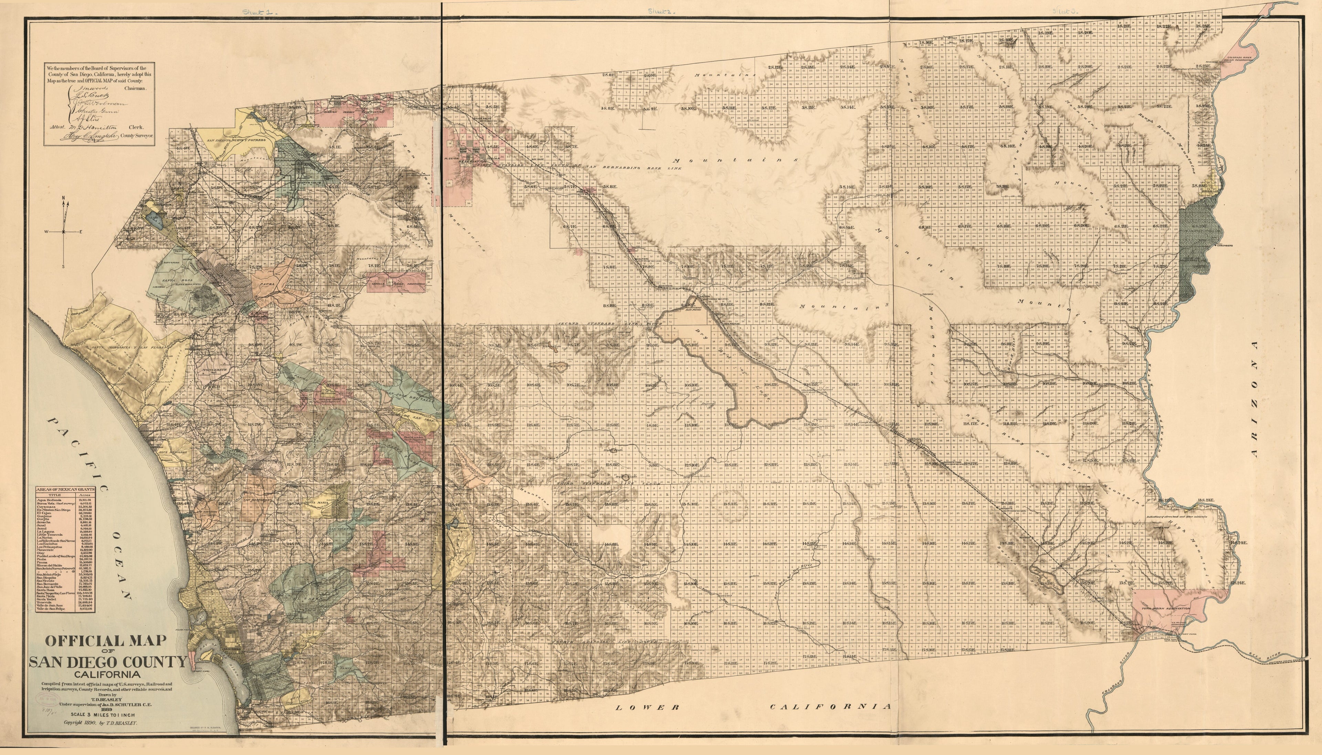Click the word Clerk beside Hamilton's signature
click(136, 127)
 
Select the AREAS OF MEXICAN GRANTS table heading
click(65, 489)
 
